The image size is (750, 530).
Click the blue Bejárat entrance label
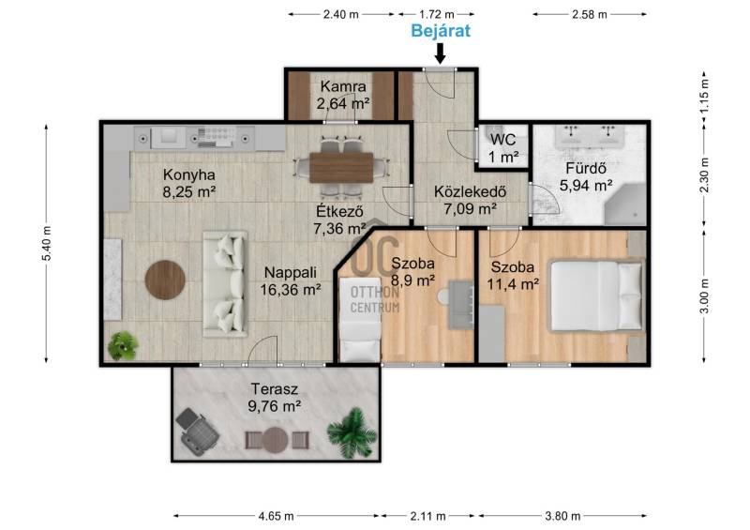coord(441,31)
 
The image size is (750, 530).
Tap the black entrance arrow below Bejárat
coord(440,53)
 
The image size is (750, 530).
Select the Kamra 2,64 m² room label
coord(343,95)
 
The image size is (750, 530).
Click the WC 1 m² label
coord(503,148)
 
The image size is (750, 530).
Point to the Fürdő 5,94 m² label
coord(586,176)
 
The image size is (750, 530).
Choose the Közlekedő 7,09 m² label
coord(471,200)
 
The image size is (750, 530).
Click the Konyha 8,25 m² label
coord(189,183)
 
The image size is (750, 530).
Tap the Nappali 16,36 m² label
coord(291,281)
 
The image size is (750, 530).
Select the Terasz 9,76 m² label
coord(275,398)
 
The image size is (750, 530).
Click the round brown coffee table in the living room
coord(165,280)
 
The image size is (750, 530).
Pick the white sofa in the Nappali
coord(225,284)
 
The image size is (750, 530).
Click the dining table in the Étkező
coord(341,168)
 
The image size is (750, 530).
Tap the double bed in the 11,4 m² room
coord(596,295)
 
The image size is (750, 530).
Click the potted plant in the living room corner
coord(123,346)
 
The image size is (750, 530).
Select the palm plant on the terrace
coord(352,432)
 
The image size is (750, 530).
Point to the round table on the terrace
coord(275,440)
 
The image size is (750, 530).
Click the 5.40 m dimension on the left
coord(46,243)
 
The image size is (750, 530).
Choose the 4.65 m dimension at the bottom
coord(276,516)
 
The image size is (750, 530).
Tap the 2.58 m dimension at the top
coord(590,14)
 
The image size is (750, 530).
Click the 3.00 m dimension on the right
coord(705,295)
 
